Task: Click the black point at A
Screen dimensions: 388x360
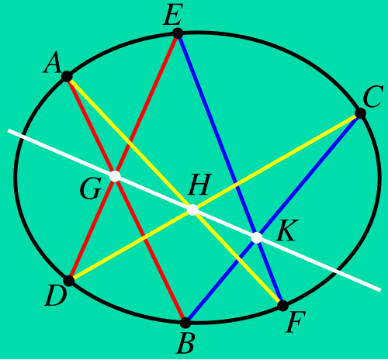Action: coord(67,77)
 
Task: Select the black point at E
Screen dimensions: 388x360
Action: coord(178,33)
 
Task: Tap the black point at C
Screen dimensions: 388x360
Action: coord(360,113)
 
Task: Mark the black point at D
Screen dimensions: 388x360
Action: coord(69,281)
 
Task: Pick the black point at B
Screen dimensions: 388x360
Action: coord(185,323)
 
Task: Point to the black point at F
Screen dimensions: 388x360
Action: coord(283,306)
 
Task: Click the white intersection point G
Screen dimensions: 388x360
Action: coord(115,176)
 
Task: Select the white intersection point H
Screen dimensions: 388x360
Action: coord(192,209)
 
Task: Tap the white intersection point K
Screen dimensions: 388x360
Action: coord(257,238)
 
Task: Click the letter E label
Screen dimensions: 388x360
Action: coord(173,15)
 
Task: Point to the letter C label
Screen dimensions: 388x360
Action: coord(372,96)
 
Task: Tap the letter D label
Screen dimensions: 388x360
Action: coord(56,297)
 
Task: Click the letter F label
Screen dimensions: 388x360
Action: coord(296,322)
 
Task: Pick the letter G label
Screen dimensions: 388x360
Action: coord(90,189)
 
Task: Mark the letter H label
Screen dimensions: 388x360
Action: coord(199,185)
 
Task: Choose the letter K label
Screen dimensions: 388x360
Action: coord(287,231)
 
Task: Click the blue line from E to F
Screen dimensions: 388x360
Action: coord(230,169)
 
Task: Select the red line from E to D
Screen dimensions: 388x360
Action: coord(123,157)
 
